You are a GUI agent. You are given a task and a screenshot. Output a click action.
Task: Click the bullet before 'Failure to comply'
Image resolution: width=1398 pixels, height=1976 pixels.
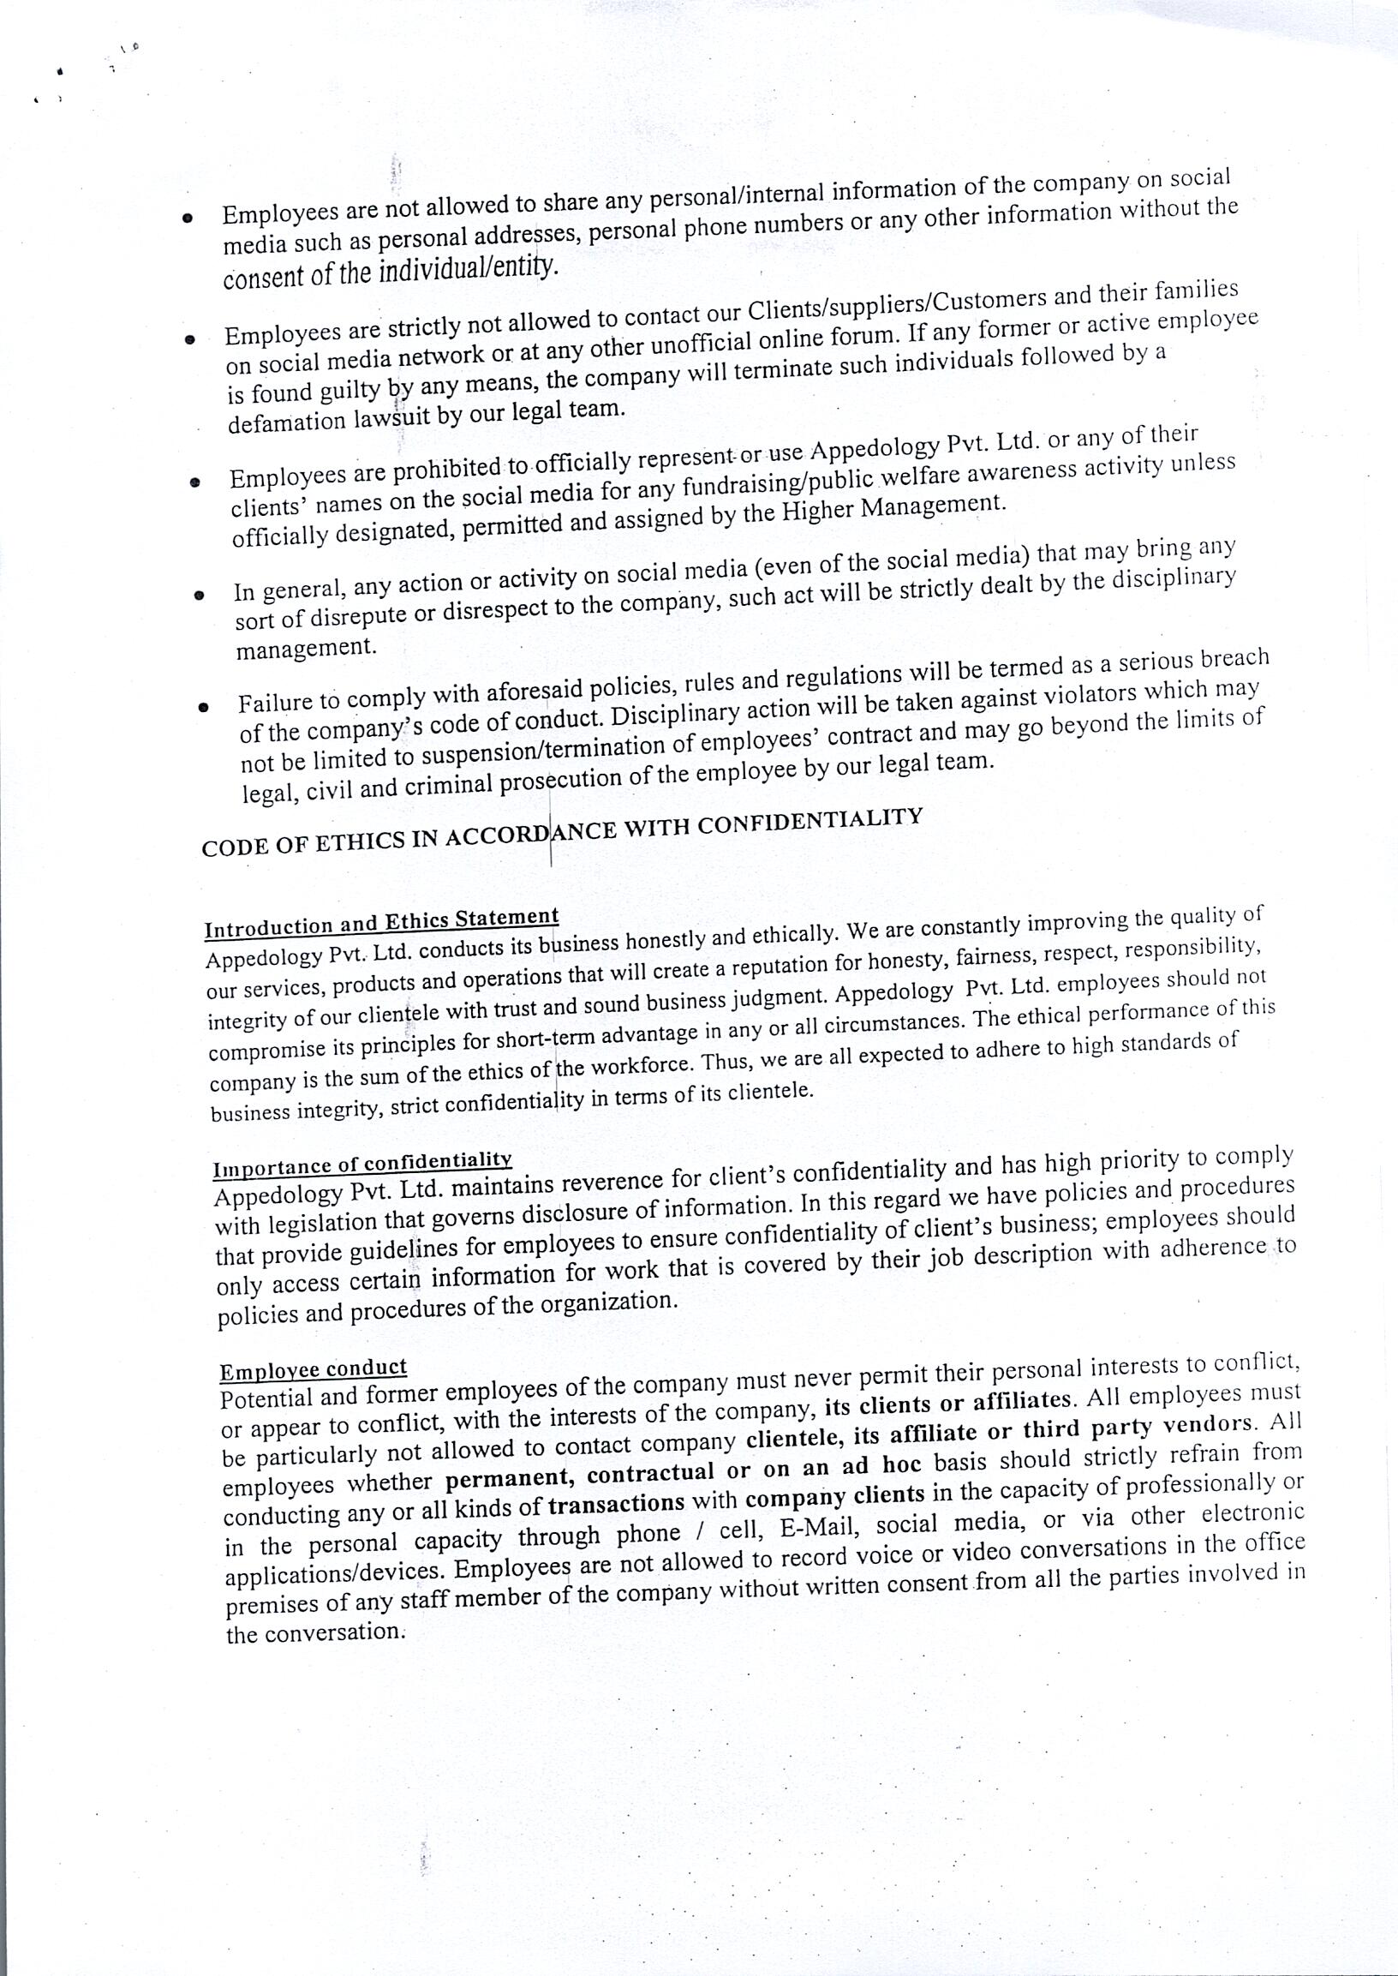coord(203,709)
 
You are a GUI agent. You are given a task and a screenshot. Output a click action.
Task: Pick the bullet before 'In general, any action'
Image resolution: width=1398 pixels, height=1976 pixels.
coord(199,594)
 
